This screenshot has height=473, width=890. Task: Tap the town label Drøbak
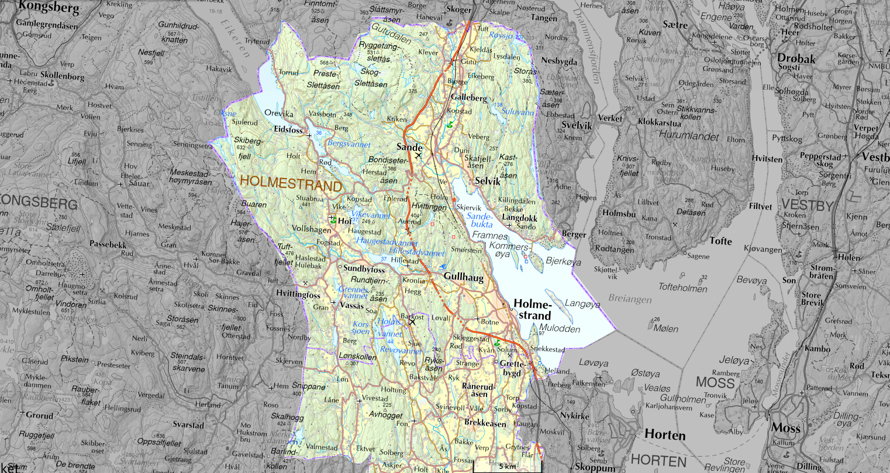click(795, 58)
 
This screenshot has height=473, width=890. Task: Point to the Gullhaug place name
click(463, 277)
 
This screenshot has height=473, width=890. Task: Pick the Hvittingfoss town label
click(298, 294)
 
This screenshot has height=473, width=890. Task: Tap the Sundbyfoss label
click(364, 269)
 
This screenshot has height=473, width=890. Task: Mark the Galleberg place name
click(469, 98)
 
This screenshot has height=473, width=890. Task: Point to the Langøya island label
click(582, 304)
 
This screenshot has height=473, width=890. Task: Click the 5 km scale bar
click(506, 466)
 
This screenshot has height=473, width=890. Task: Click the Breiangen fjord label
click(629, 299)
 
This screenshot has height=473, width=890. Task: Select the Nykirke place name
click(575, 416)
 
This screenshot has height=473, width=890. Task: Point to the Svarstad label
click(187, 424)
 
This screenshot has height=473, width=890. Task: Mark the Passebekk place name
click(108, 245)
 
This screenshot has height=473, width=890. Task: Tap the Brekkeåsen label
click(485, 423)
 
